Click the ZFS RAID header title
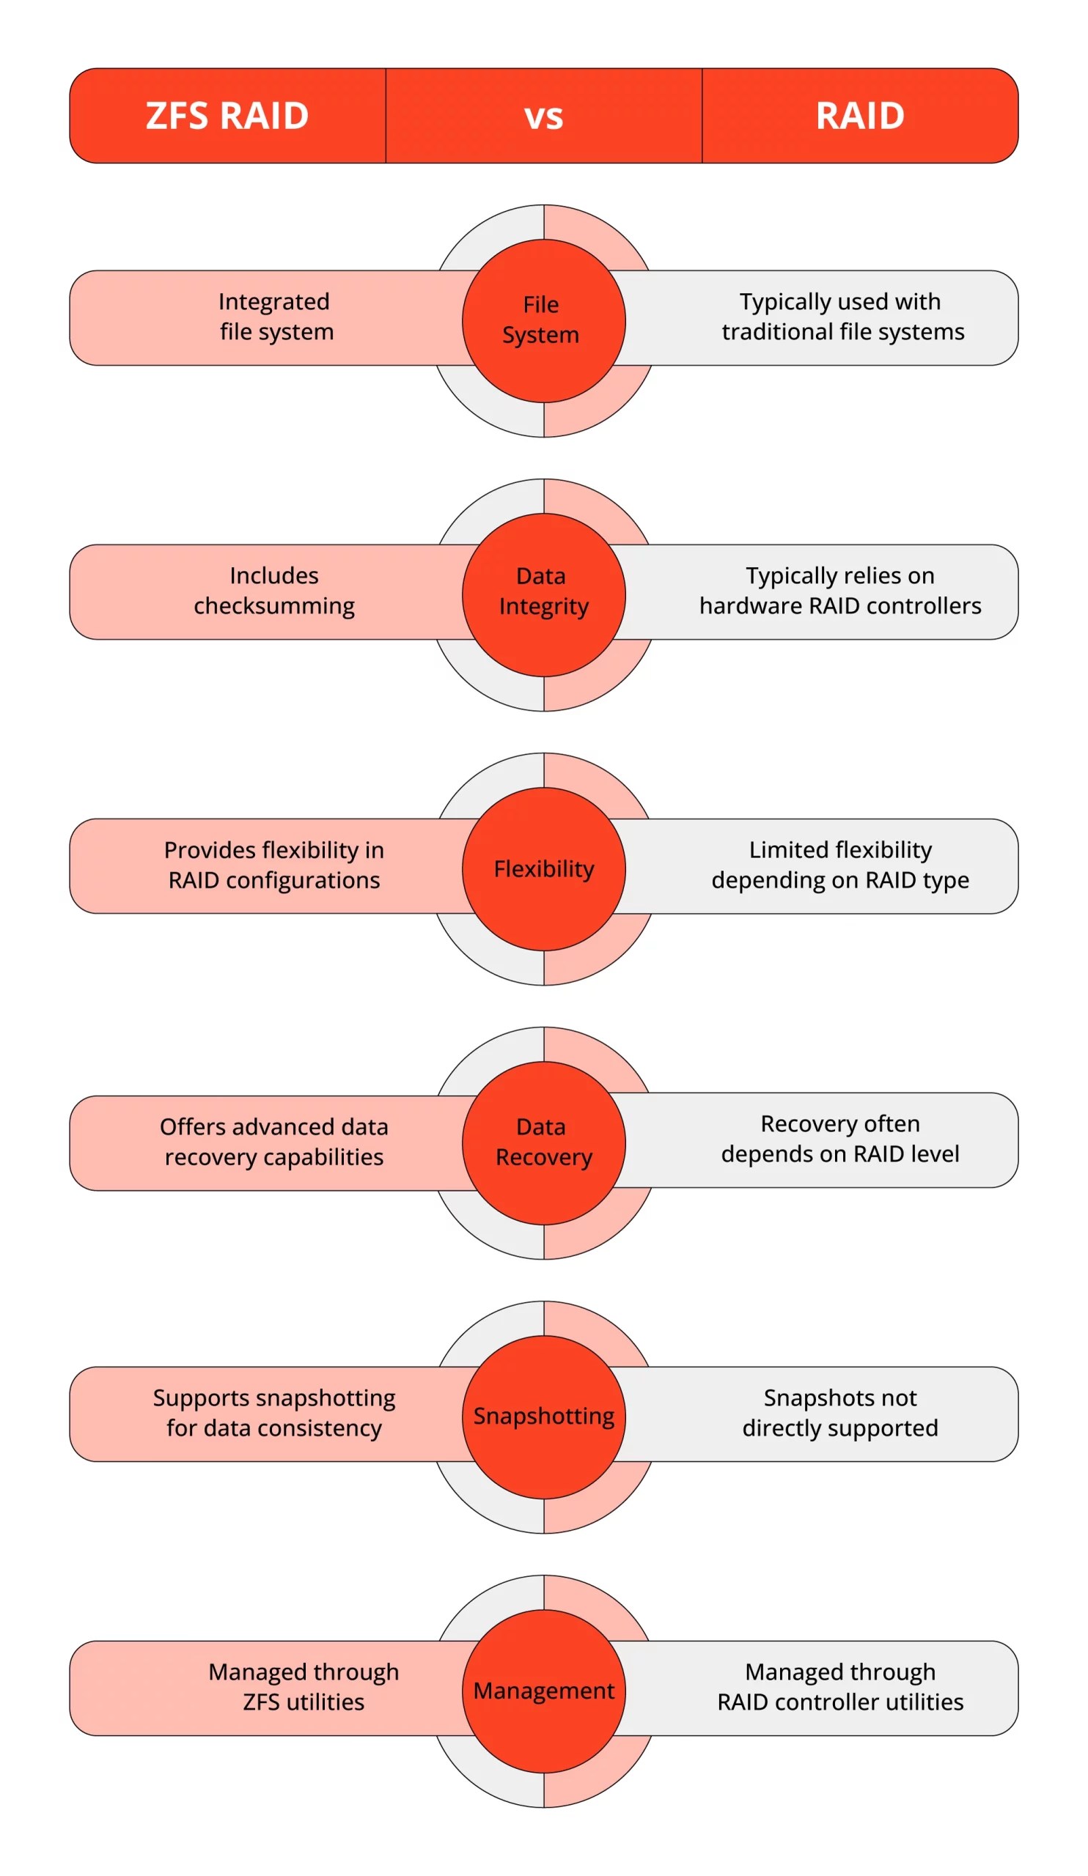(227, 116)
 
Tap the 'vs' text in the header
(543, 117)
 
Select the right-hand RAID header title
(859, 116)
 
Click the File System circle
(543, 321)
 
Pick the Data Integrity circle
(543, 594)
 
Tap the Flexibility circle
(543, 869)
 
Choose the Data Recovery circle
(543, 1142)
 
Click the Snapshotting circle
(543, 1416)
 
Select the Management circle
(543, 1691)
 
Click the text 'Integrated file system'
(276, 317)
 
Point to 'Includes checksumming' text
(274, 591)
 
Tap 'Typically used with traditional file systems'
(842, 317)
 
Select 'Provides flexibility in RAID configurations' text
(274, 865)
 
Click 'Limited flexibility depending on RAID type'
(840, 865)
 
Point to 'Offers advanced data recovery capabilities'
(274, 1142)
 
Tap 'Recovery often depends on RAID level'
(840, 1139)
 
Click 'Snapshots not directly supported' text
(840, 1413)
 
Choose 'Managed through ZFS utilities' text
(303, 1687)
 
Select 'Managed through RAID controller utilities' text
(840, 1687)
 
